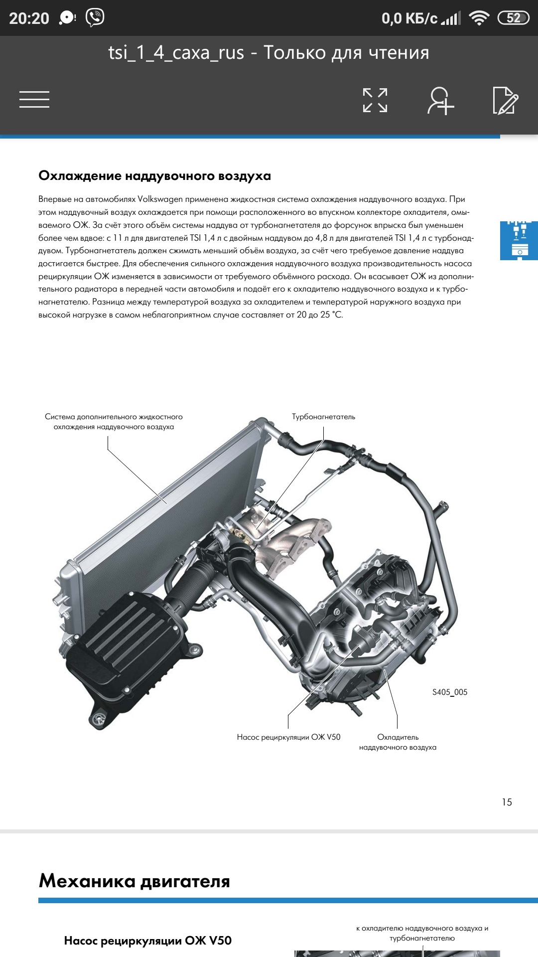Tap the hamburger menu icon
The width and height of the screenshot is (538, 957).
coord(34,100)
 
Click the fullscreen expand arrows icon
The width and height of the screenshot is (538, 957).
coord(375,100)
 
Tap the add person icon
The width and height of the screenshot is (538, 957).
coord(441,101)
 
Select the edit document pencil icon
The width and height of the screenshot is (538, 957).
coord(505,100)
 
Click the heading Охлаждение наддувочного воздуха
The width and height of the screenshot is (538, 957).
coord(155,176)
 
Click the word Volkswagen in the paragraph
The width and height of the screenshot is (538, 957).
coord(160,199)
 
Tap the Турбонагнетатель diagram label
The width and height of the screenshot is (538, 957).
coord(323,417)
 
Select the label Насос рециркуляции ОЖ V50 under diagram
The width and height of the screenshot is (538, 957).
coord(288,737)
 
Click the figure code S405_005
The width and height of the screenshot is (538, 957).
coord(450,692)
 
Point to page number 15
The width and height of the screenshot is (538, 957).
coord(507,802)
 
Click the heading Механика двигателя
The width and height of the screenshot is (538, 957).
coord(134,881)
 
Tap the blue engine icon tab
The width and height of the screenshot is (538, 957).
coord(519,241)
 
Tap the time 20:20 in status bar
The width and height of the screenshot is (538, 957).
coord(29,18)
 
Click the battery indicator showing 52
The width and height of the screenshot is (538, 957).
coord(514,18)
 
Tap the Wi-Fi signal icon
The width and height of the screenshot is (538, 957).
coord(479,19)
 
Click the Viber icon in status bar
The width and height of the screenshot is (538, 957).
coord(95,18)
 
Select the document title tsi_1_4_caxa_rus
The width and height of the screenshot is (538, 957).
coord(176,53)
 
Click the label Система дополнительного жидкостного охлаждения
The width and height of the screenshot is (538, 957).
coord(114,422)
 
